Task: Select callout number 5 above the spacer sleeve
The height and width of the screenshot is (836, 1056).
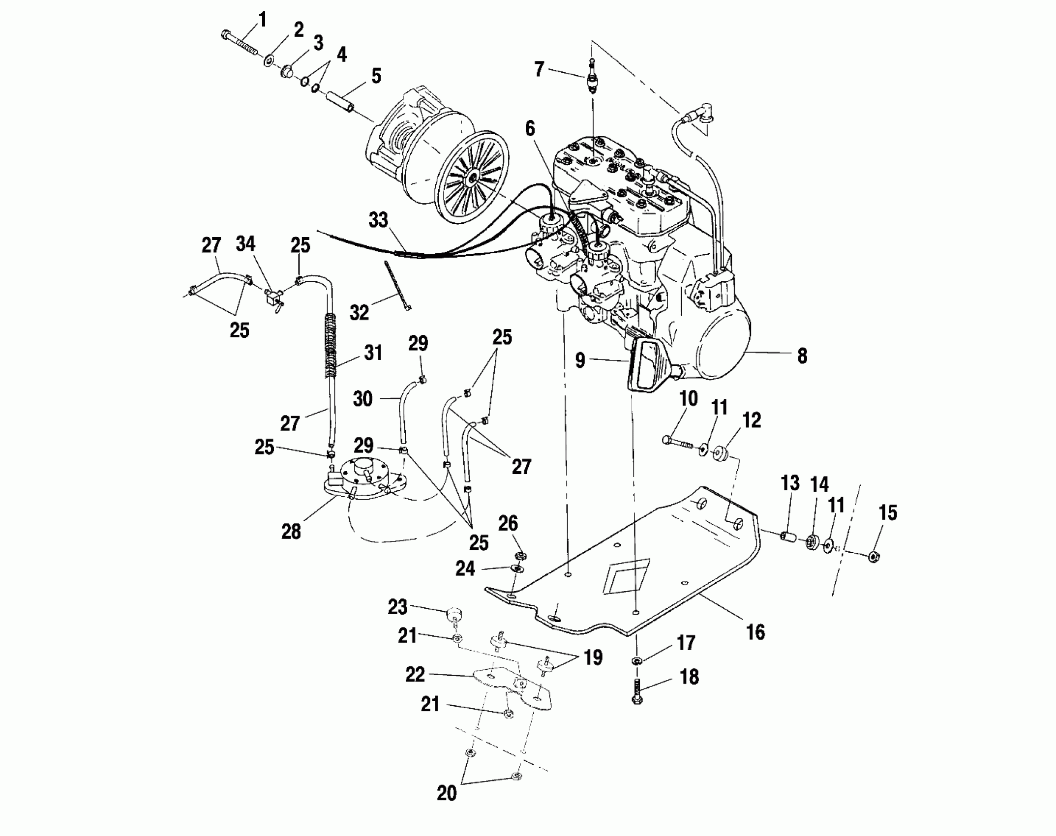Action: tap(376, 76)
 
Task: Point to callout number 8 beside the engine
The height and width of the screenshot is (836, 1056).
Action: tap(802, 356)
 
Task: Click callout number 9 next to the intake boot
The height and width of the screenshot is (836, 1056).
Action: tap(580, 360)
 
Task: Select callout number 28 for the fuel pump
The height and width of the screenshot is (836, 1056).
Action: tap(291, 532)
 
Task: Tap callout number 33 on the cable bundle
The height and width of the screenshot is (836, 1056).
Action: tap(378, 220)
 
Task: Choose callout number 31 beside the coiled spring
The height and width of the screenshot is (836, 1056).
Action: tap(372, 353)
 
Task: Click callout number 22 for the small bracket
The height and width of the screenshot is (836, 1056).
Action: tap(414, 674)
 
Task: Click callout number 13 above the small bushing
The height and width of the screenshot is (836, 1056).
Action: tap(790, 484)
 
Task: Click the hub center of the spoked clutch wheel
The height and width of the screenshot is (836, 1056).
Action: tap(473, 179)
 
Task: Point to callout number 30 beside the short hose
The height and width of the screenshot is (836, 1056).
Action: tap(363, 398)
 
